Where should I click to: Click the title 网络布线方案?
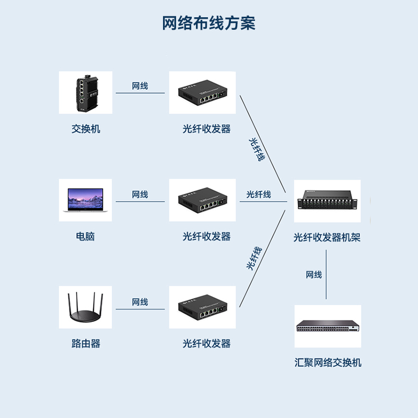point(208,24)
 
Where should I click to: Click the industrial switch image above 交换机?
point(85,92)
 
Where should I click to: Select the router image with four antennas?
point(85,307)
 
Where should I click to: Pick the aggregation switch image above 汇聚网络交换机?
point(328,327)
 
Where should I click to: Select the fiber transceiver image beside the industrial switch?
point(202,92)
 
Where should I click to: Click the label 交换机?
point(86,129)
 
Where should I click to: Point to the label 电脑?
point(86,236)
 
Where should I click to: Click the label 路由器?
point(86,343)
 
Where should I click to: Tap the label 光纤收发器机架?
point(327,238)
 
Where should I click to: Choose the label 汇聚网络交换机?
point(328,363)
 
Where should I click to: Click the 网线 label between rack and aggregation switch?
point(314,275)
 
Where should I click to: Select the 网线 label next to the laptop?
point(140,194)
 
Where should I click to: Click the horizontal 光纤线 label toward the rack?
point(259,194)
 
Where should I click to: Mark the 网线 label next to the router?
point(140,302)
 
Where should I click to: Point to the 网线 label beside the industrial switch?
point(140,86)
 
